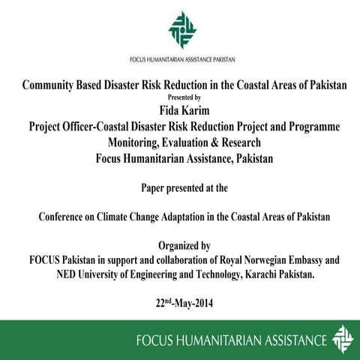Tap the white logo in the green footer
341,337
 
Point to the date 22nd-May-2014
180,305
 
